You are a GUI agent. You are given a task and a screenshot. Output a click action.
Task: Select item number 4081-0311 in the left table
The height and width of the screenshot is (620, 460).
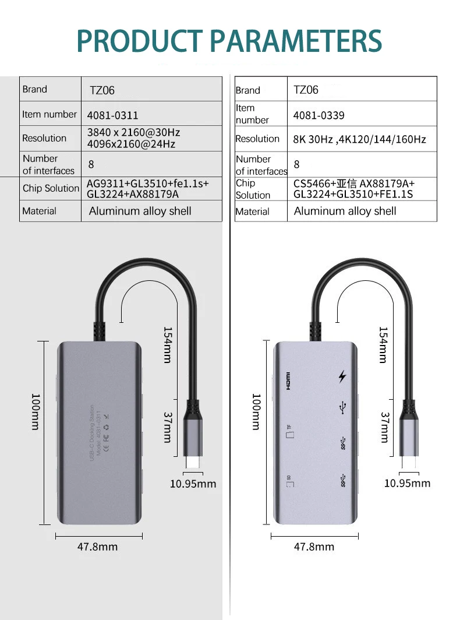[113, 115]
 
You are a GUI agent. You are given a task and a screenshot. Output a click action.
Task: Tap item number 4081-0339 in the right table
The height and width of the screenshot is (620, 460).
[319, 115]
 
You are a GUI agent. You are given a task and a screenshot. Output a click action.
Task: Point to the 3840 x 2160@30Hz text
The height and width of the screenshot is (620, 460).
[133, 133]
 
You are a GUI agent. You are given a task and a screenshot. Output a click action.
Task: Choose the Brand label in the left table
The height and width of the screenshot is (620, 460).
[35, 89]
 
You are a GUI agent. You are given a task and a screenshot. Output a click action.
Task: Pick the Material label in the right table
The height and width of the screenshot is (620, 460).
[253, 212]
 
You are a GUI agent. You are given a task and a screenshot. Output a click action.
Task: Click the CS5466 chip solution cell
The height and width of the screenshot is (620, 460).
[354, 189]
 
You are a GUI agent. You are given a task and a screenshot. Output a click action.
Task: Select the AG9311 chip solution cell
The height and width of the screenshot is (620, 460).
[147, 189]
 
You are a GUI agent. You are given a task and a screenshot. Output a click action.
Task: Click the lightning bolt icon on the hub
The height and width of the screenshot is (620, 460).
[342, 376]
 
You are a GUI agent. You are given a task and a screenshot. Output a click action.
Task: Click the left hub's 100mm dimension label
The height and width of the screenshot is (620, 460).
[36, 411]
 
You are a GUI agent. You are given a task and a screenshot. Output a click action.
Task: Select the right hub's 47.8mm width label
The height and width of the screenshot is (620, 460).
[314, 547]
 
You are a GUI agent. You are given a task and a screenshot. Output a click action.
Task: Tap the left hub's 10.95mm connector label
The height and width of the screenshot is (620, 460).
[193, 484]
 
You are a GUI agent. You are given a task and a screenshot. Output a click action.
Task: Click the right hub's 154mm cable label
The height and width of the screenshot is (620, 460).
[383, 345]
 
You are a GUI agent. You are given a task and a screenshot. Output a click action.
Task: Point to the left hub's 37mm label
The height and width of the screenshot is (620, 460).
[168, 427]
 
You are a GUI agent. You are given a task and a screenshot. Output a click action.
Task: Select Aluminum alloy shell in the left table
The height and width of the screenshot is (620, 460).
[140, 211]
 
